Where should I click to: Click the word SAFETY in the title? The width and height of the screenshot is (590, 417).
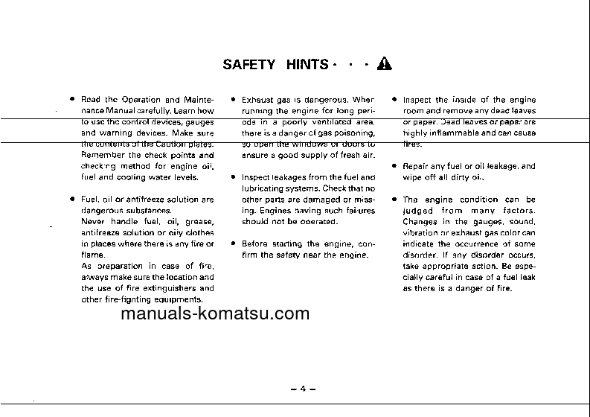249,64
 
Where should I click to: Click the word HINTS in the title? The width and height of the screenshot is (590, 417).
307,64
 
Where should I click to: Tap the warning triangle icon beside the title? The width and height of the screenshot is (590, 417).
384,63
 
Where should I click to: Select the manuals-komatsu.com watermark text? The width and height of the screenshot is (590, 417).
214,313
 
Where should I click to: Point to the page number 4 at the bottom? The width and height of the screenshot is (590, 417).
303,389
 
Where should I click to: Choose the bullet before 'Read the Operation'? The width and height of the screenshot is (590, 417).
71,99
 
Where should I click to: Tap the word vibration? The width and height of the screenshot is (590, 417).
420,233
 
